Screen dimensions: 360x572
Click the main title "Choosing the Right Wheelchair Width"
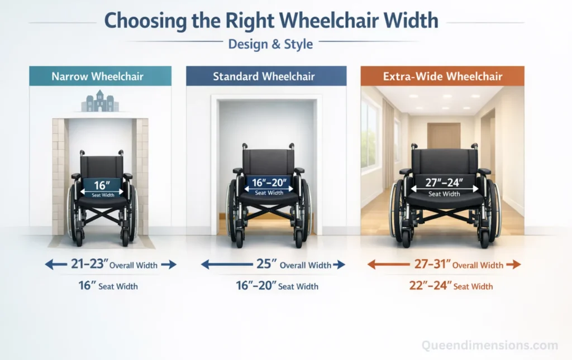point(271,21)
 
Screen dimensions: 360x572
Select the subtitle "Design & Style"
point(270,44)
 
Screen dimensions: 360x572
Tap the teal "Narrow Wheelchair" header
point(100,76)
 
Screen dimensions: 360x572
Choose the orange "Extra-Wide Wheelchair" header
point(442,76)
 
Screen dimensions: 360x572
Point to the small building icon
point(100,102)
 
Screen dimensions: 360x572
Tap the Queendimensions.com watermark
point(489,345)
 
